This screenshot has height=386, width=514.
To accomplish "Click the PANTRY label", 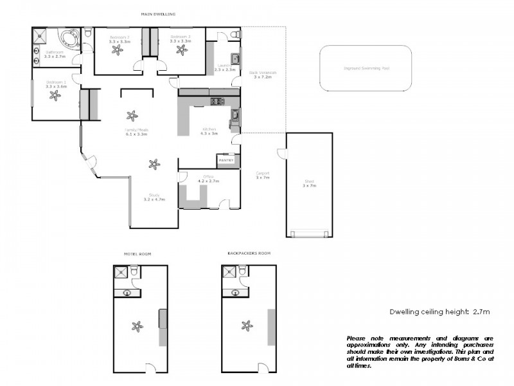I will click(226, 160).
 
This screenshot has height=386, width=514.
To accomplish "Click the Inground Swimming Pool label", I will click(367, 68).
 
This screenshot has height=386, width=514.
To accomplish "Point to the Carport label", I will click(262, 174).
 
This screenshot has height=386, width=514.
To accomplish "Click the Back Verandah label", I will click(263, 75).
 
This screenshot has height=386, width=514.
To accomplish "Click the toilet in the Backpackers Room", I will click(243, 271).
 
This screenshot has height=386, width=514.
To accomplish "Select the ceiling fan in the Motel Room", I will click(136, 325).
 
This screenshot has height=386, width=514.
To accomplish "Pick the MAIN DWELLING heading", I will click(158, 14).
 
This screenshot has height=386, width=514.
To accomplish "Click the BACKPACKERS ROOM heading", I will click(249, 253).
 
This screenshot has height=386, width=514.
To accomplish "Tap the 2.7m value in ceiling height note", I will click(481, 311).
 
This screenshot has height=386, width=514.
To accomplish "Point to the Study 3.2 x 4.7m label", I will click(154, 197).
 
